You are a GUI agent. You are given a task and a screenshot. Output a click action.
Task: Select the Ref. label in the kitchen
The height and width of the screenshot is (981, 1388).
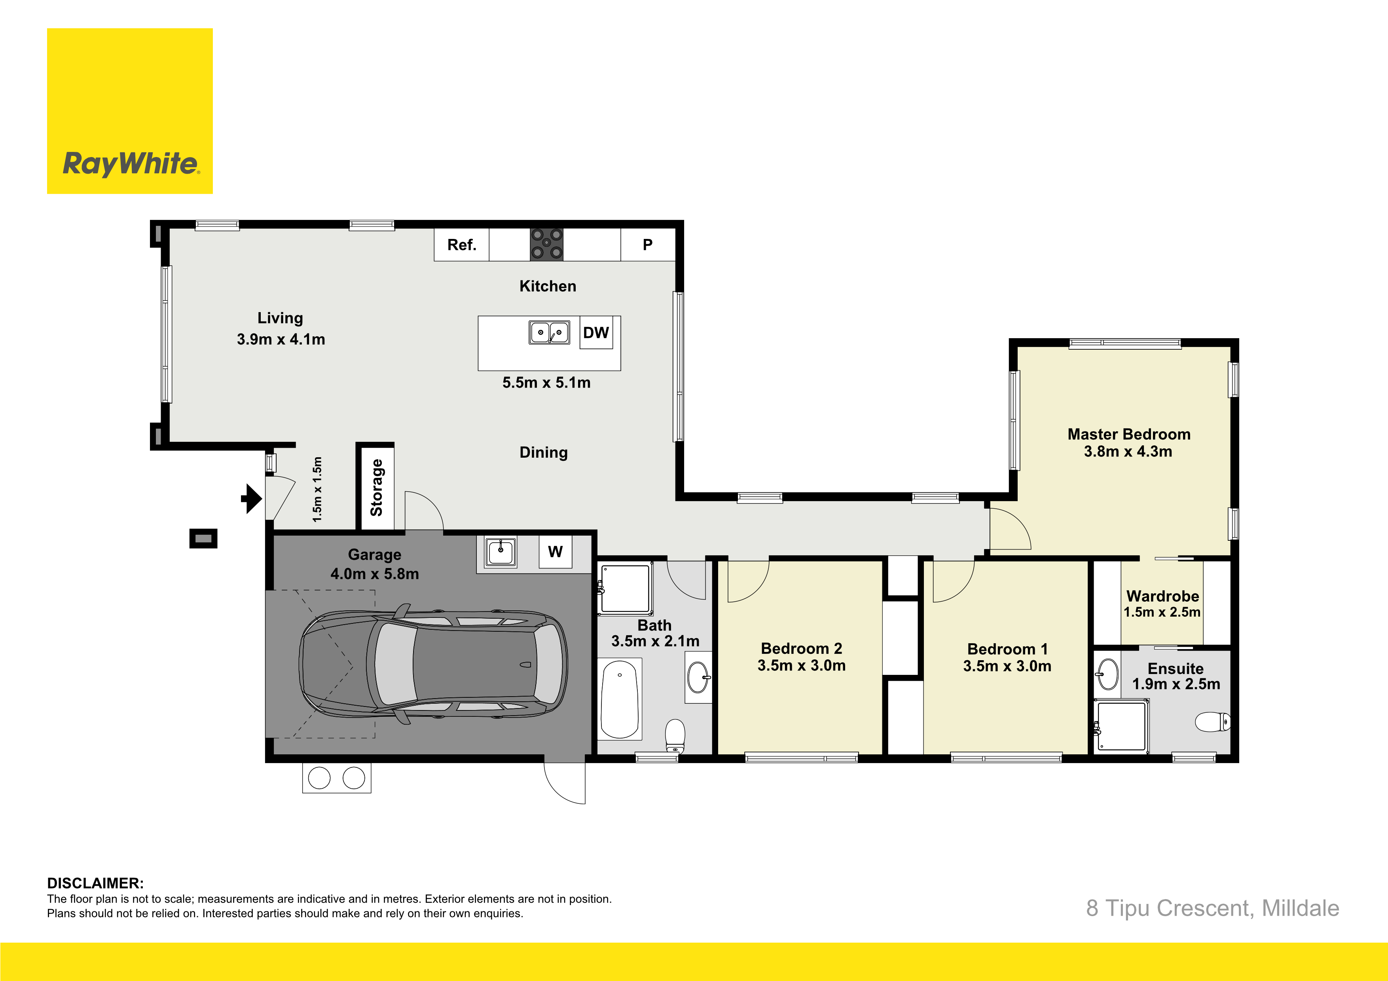click(x=462, y=245)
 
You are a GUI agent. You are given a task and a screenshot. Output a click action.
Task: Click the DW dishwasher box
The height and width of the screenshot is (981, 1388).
click(x=596, y=332)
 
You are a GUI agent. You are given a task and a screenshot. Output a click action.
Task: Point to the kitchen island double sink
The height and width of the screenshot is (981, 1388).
click(x=550, y=332)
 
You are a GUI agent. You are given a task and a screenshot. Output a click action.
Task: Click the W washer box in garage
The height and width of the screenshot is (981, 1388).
click(x=555, y=551)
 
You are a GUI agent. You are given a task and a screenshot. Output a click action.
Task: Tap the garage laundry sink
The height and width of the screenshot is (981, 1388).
click(x=501, y=552)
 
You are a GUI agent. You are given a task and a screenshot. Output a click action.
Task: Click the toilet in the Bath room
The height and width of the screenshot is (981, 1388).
click(x=675, y=736)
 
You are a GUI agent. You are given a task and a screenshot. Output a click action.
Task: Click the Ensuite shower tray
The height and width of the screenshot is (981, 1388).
click(x=1121, y=725)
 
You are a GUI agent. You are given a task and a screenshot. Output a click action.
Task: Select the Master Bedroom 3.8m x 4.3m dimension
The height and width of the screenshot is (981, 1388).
click(x=1128, y=451)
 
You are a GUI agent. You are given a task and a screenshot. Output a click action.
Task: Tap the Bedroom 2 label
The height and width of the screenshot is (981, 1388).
click(x=802, y=649)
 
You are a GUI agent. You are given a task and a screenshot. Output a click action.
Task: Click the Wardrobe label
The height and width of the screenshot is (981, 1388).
click(x=1162, y=596)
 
